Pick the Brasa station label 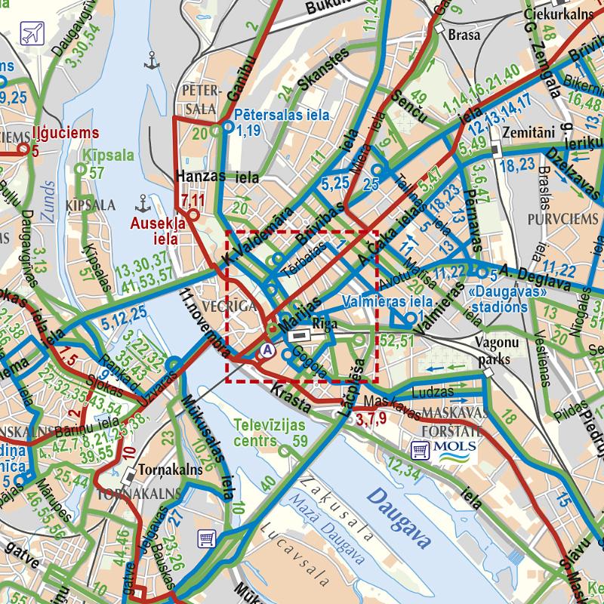click(464, 35)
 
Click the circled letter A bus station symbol click(267, 350)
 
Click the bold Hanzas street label click(199, 176)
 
